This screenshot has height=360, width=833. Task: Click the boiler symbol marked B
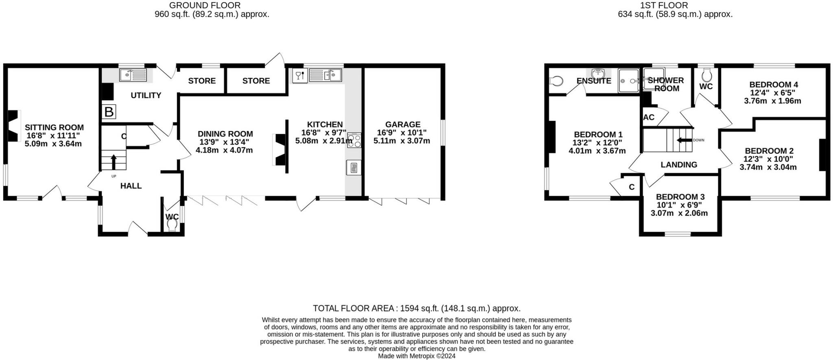(109, 112)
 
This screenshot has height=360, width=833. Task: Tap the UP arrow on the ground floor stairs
(113, 161)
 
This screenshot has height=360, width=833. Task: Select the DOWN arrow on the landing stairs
(684, 140)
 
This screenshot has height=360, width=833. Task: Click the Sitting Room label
(54, 127)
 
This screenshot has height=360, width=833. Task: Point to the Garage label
(403, 124)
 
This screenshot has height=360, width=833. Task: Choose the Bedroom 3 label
(680, 197)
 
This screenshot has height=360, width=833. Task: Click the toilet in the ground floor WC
(172, 225)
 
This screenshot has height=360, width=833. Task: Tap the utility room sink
(133, 75)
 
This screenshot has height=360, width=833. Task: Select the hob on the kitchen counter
(354, 140)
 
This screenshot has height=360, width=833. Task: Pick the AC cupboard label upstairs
(649, 118)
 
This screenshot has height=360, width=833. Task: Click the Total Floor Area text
(416, 308)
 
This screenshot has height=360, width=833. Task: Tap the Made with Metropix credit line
(416, 356)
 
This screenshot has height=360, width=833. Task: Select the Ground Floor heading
(205, 5)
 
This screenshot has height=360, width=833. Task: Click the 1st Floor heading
(675, 5)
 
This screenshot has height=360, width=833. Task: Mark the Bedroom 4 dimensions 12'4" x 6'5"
(772, 93)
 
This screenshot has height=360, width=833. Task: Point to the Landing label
(679, 165)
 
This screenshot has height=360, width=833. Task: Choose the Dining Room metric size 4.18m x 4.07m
(224, 150)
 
